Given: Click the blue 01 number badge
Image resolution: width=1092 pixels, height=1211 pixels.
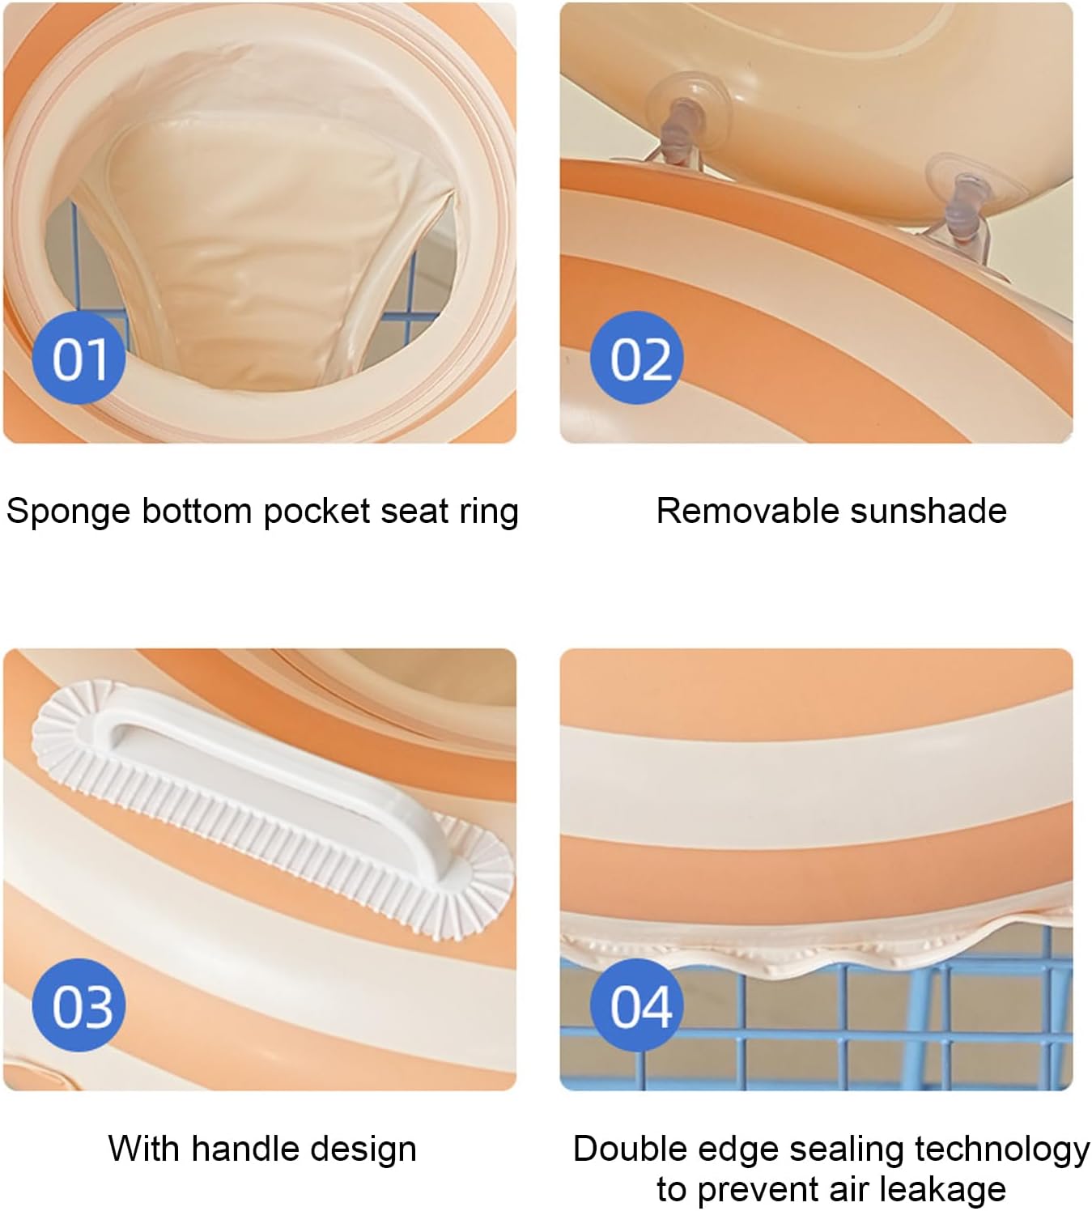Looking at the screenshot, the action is point(79,358).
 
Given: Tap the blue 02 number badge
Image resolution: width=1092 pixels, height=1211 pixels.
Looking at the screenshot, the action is point(636,358).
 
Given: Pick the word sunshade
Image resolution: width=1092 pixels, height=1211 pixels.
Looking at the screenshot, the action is point(928,511).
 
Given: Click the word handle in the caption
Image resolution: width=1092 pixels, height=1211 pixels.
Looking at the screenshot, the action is point(244,1148).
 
